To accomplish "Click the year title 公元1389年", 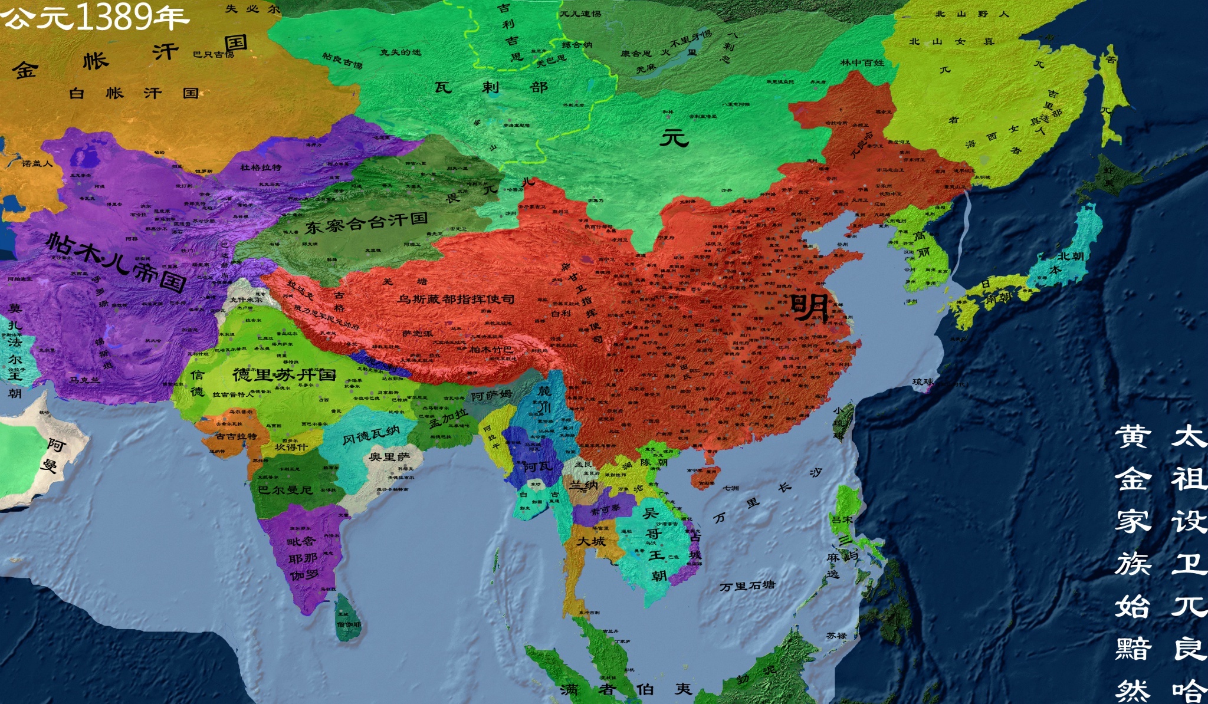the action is pos(94,17).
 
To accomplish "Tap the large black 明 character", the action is pos(810,307).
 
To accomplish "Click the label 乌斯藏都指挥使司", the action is pos(455,299).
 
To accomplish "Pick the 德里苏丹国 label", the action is pos(284,374).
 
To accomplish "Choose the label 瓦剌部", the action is pos(491,87).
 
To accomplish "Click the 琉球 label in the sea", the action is pos(923,382).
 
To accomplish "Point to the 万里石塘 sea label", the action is pos(747,586).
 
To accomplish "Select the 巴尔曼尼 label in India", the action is pos(285,489).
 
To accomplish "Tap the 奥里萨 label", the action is pos(389,457).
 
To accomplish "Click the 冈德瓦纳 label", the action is pos(371,436).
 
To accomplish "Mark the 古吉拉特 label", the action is pos(236,436).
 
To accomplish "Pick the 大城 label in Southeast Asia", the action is pos(591,541).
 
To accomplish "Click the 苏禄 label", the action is pos(836,636).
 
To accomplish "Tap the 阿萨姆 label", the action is pos(491,396).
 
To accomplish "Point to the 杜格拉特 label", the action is pos(260,167).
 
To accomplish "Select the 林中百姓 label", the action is pos(862,62).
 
